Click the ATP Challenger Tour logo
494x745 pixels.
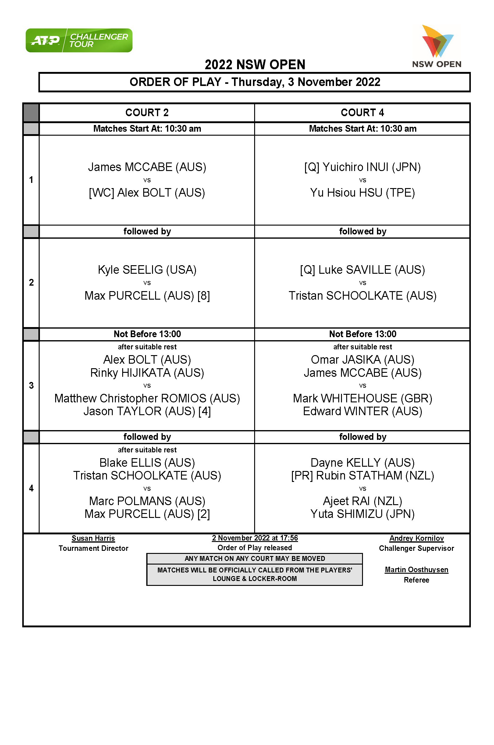(79, 40)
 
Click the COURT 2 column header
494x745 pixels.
(147, 112)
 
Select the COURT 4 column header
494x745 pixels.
(362, 112)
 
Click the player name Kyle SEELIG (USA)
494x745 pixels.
(147, 270)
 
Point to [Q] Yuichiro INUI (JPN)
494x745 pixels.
(362, 167)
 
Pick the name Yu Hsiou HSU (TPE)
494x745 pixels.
(362, 193)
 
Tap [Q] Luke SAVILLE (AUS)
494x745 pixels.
(362, 270)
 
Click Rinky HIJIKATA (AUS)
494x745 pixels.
(147, 373)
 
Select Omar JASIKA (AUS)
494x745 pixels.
(362, 360)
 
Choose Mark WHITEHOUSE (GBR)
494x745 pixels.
(362, 398)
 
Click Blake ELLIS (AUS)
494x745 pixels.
(147, 463)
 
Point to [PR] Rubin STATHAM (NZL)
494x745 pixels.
(362, 476)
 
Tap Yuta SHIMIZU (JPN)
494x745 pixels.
(362, 514)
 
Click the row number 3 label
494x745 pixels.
(31, 385)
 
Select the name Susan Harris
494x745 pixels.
(93, 538)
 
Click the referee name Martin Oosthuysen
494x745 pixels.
(416, 570)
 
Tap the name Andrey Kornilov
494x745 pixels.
(416, 538)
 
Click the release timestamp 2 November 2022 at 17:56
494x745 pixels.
(254, 538)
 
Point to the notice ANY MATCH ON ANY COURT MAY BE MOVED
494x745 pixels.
(254, 559)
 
